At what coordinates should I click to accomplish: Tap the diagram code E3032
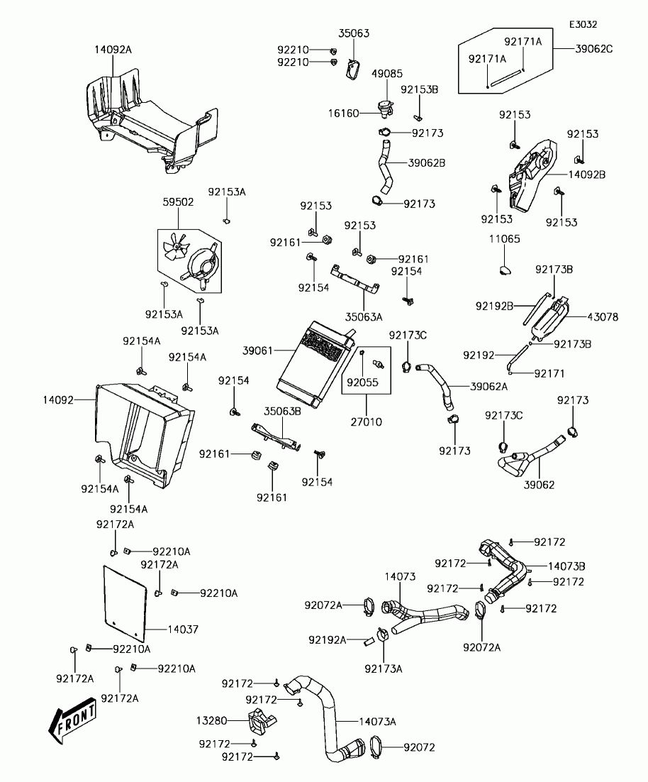[x=582, y=23]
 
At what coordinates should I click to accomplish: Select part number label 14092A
[x=113, y=50]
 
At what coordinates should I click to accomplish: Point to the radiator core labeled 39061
[x=313, y=363]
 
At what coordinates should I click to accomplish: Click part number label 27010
[x=366, y=422]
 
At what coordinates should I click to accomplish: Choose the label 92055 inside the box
[x=362, y=382]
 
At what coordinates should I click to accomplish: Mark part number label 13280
[x=211, y=720]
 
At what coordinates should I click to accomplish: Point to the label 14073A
[x=377, y=721]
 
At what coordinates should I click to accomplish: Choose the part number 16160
[x=345, y=113]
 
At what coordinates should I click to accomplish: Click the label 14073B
[x=566, y=566]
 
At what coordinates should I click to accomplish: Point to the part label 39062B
[x=427, y=163]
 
